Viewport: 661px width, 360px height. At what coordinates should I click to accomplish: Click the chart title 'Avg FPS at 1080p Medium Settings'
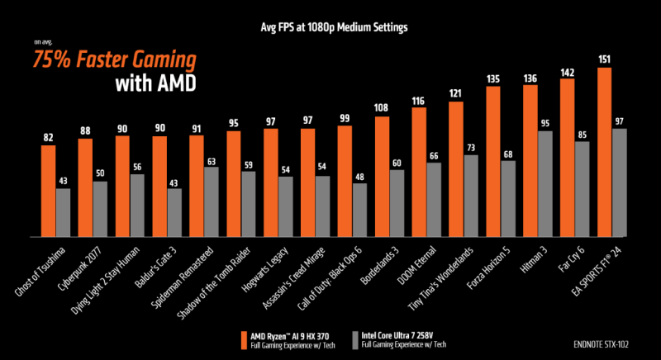click(330, 27)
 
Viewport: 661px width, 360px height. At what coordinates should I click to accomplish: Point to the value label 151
click(604, 59)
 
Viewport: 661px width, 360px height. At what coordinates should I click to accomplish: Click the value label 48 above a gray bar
click(360, 176)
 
